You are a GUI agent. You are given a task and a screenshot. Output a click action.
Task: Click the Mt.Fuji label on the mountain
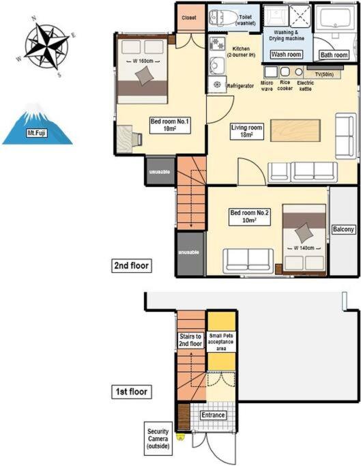point(37,133)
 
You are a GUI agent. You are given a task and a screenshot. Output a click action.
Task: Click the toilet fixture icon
point(220,17)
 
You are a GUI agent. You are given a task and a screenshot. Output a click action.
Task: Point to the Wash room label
point(286,55)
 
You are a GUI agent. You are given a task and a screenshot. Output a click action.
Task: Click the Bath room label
point(334,55)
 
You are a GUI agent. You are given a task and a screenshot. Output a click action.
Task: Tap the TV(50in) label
point(324,74)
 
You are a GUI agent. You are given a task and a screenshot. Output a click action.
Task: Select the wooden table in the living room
point(295,130)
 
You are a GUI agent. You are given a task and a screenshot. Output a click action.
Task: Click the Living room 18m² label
point(247,131)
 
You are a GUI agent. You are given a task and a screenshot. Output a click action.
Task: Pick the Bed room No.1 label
point(169,125)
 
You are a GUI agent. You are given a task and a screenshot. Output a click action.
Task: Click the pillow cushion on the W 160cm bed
point(144,76)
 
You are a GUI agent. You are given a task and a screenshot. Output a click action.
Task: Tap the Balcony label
point(343,229)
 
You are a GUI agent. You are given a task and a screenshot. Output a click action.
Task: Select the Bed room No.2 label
point(250,217)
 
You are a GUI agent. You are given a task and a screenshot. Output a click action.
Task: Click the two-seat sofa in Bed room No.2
point(248,261)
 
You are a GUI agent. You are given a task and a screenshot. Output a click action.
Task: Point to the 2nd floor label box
point(132,265)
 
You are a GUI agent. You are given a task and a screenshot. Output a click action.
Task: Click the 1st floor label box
point(132,392)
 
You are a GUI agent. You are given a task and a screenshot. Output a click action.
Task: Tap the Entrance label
point(213,415)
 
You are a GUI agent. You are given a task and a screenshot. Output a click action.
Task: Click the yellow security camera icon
point(180,437)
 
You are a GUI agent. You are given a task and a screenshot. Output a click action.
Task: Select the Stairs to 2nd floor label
point(190,340)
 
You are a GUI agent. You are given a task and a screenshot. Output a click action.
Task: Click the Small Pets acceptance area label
point(221,342)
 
